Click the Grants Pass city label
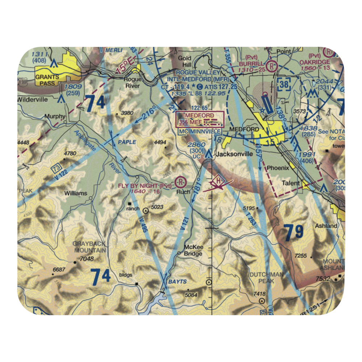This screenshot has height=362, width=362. click(x=47, y=80)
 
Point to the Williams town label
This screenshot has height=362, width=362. click(x=76, y=193)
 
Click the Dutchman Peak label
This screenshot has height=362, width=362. click(x=266, y=278)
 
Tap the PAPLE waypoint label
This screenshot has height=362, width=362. click(x=127, y=142)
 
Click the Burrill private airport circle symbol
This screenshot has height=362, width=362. click(x=271, y=66)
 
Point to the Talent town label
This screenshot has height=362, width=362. click(x=291, y=183)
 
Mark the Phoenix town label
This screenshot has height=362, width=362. click(x=278, y=168)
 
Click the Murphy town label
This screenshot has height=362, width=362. click(x=55, y=117)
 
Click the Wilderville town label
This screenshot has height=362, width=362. click(x=32, y=100)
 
